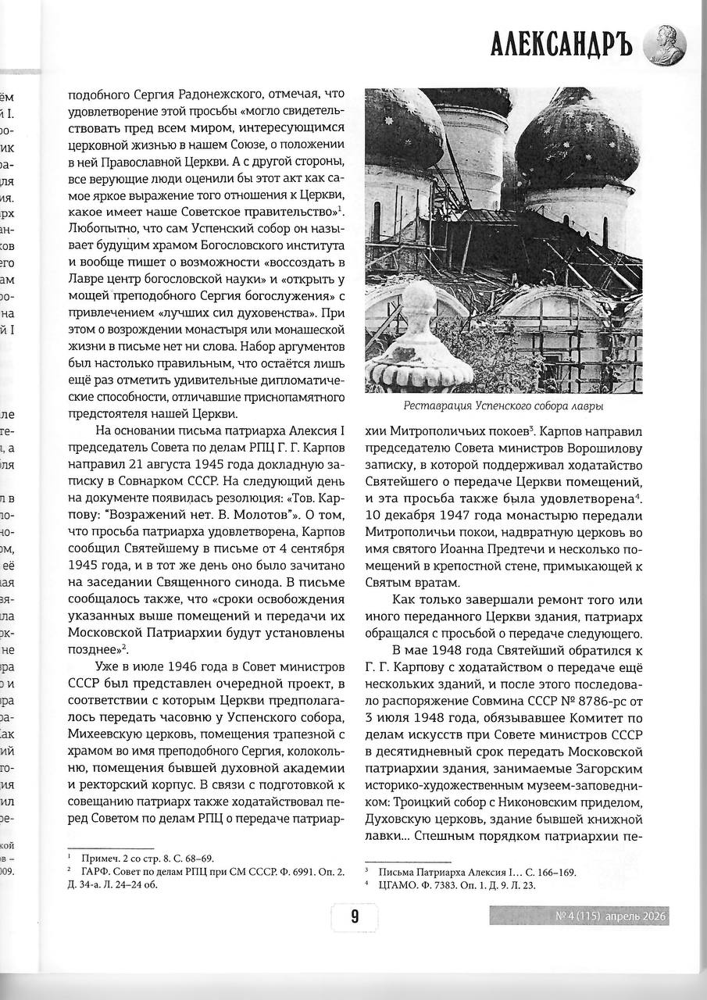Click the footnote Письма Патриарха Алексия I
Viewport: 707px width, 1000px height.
pos(477,871)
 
